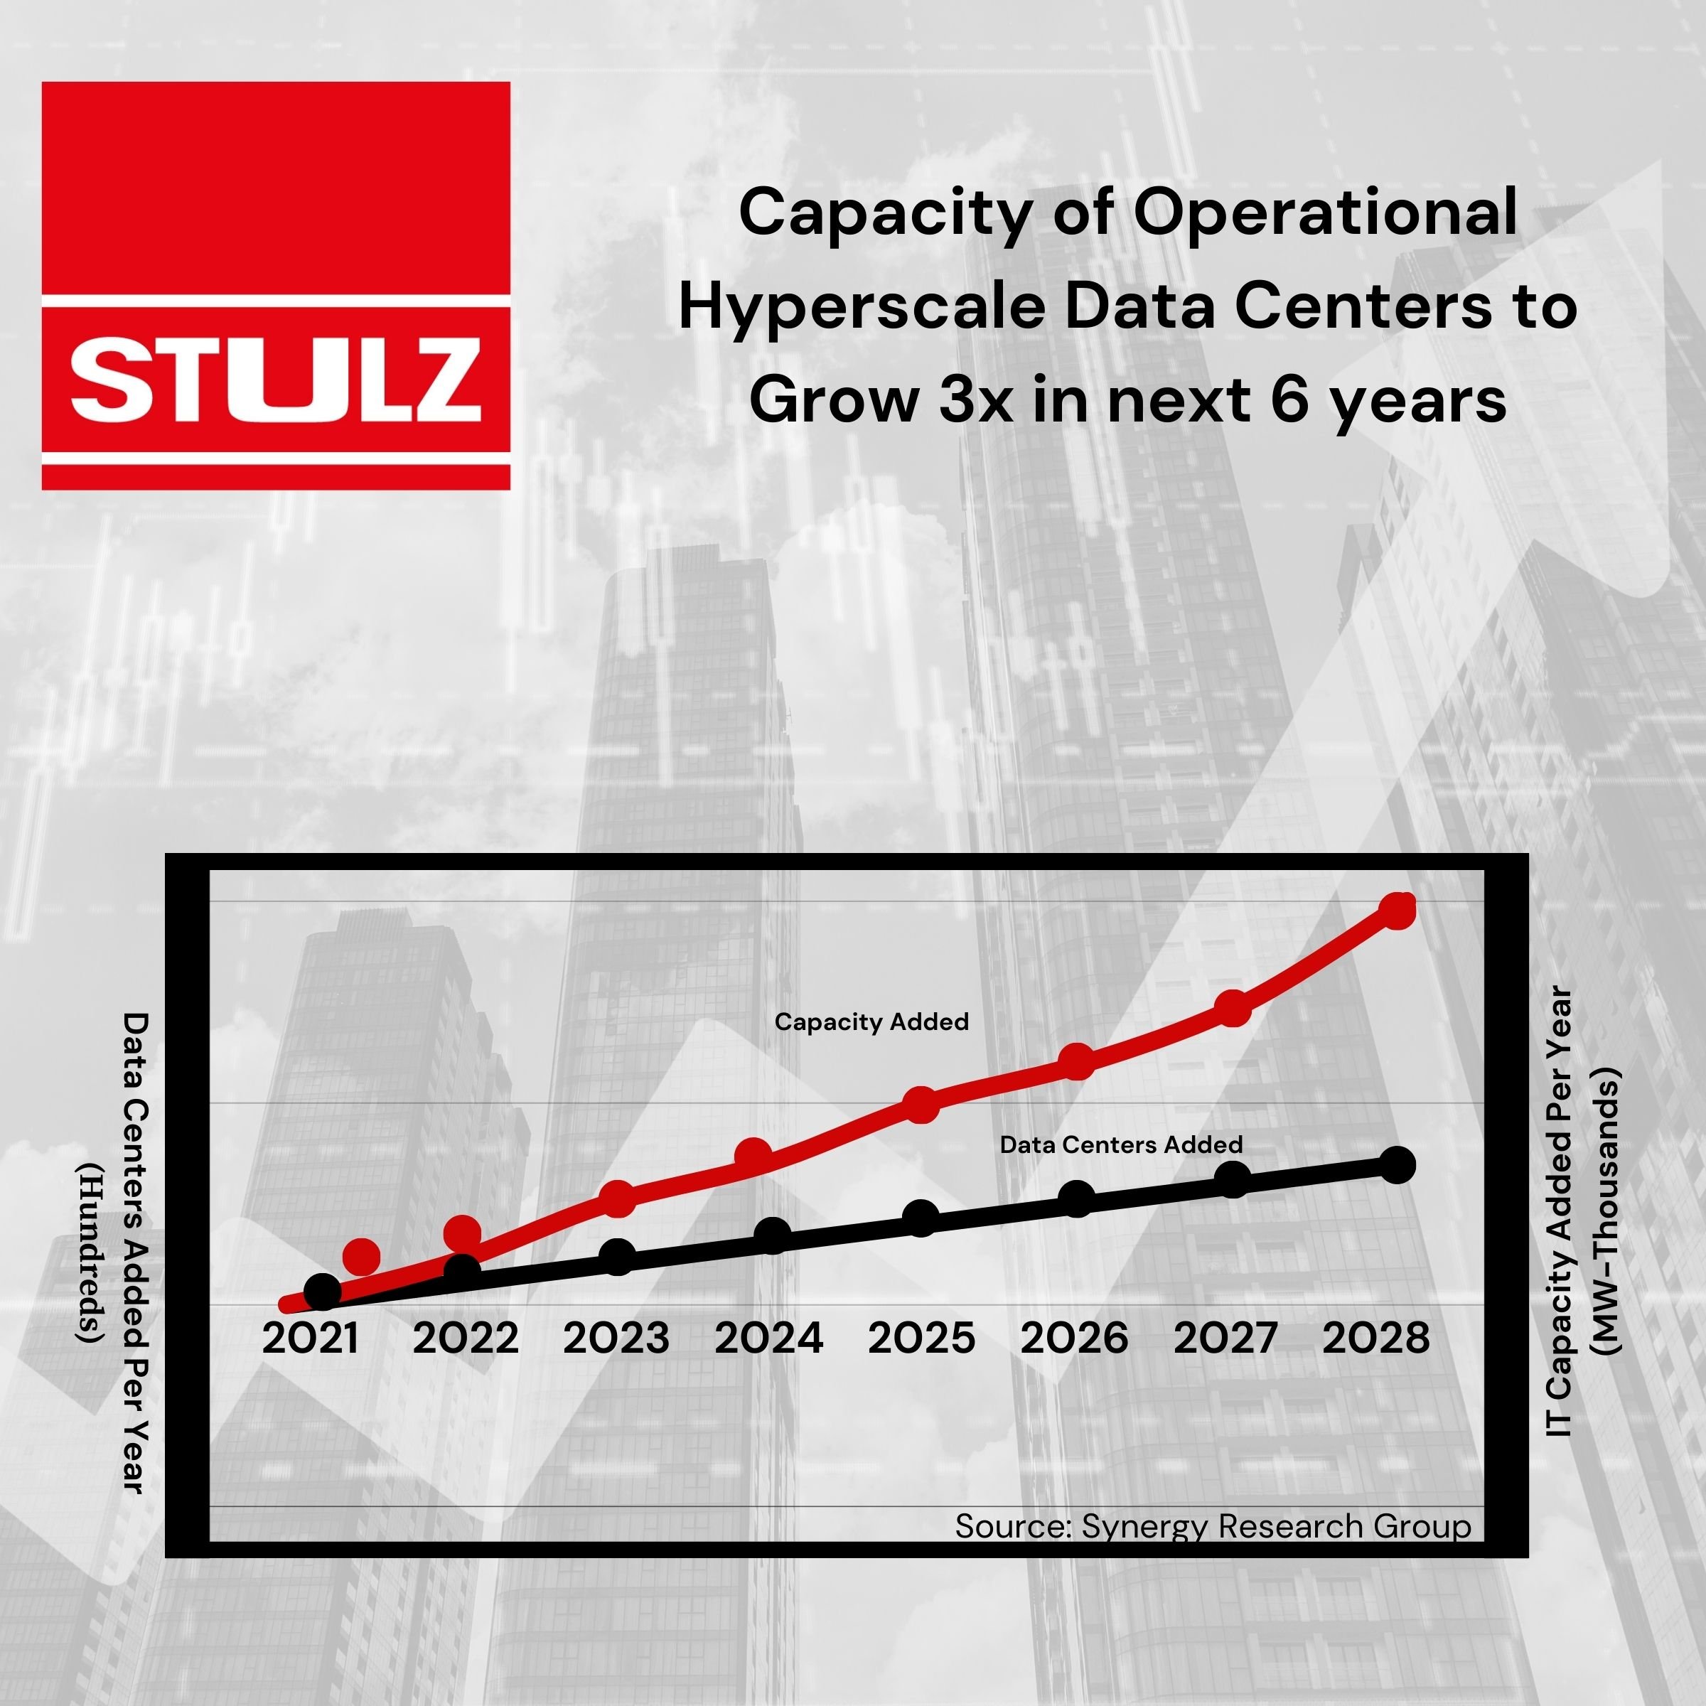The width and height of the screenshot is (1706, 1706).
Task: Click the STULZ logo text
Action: tap(276, 382)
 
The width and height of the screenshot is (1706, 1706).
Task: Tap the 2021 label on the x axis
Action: tap(311, 1338)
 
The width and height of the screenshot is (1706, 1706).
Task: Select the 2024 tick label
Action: tap(768, 1338)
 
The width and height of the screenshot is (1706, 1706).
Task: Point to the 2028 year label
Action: tap(1375, 1338)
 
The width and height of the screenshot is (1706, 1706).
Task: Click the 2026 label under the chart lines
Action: tap(1074, 1338)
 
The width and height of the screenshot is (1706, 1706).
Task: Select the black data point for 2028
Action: tap(1397, 1166)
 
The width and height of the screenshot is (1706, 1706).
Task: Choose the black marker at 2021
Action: tap(322, 1292)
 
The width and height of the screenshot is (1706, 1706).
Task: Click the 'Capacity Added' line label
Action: tap(871, 1021)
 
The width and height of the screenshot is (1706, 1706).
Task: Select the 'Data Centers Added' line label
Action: tap(1120, 1145)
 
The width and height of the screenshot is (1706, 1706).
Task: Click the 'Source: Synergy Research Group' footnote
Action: tap(1213, 1526)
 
